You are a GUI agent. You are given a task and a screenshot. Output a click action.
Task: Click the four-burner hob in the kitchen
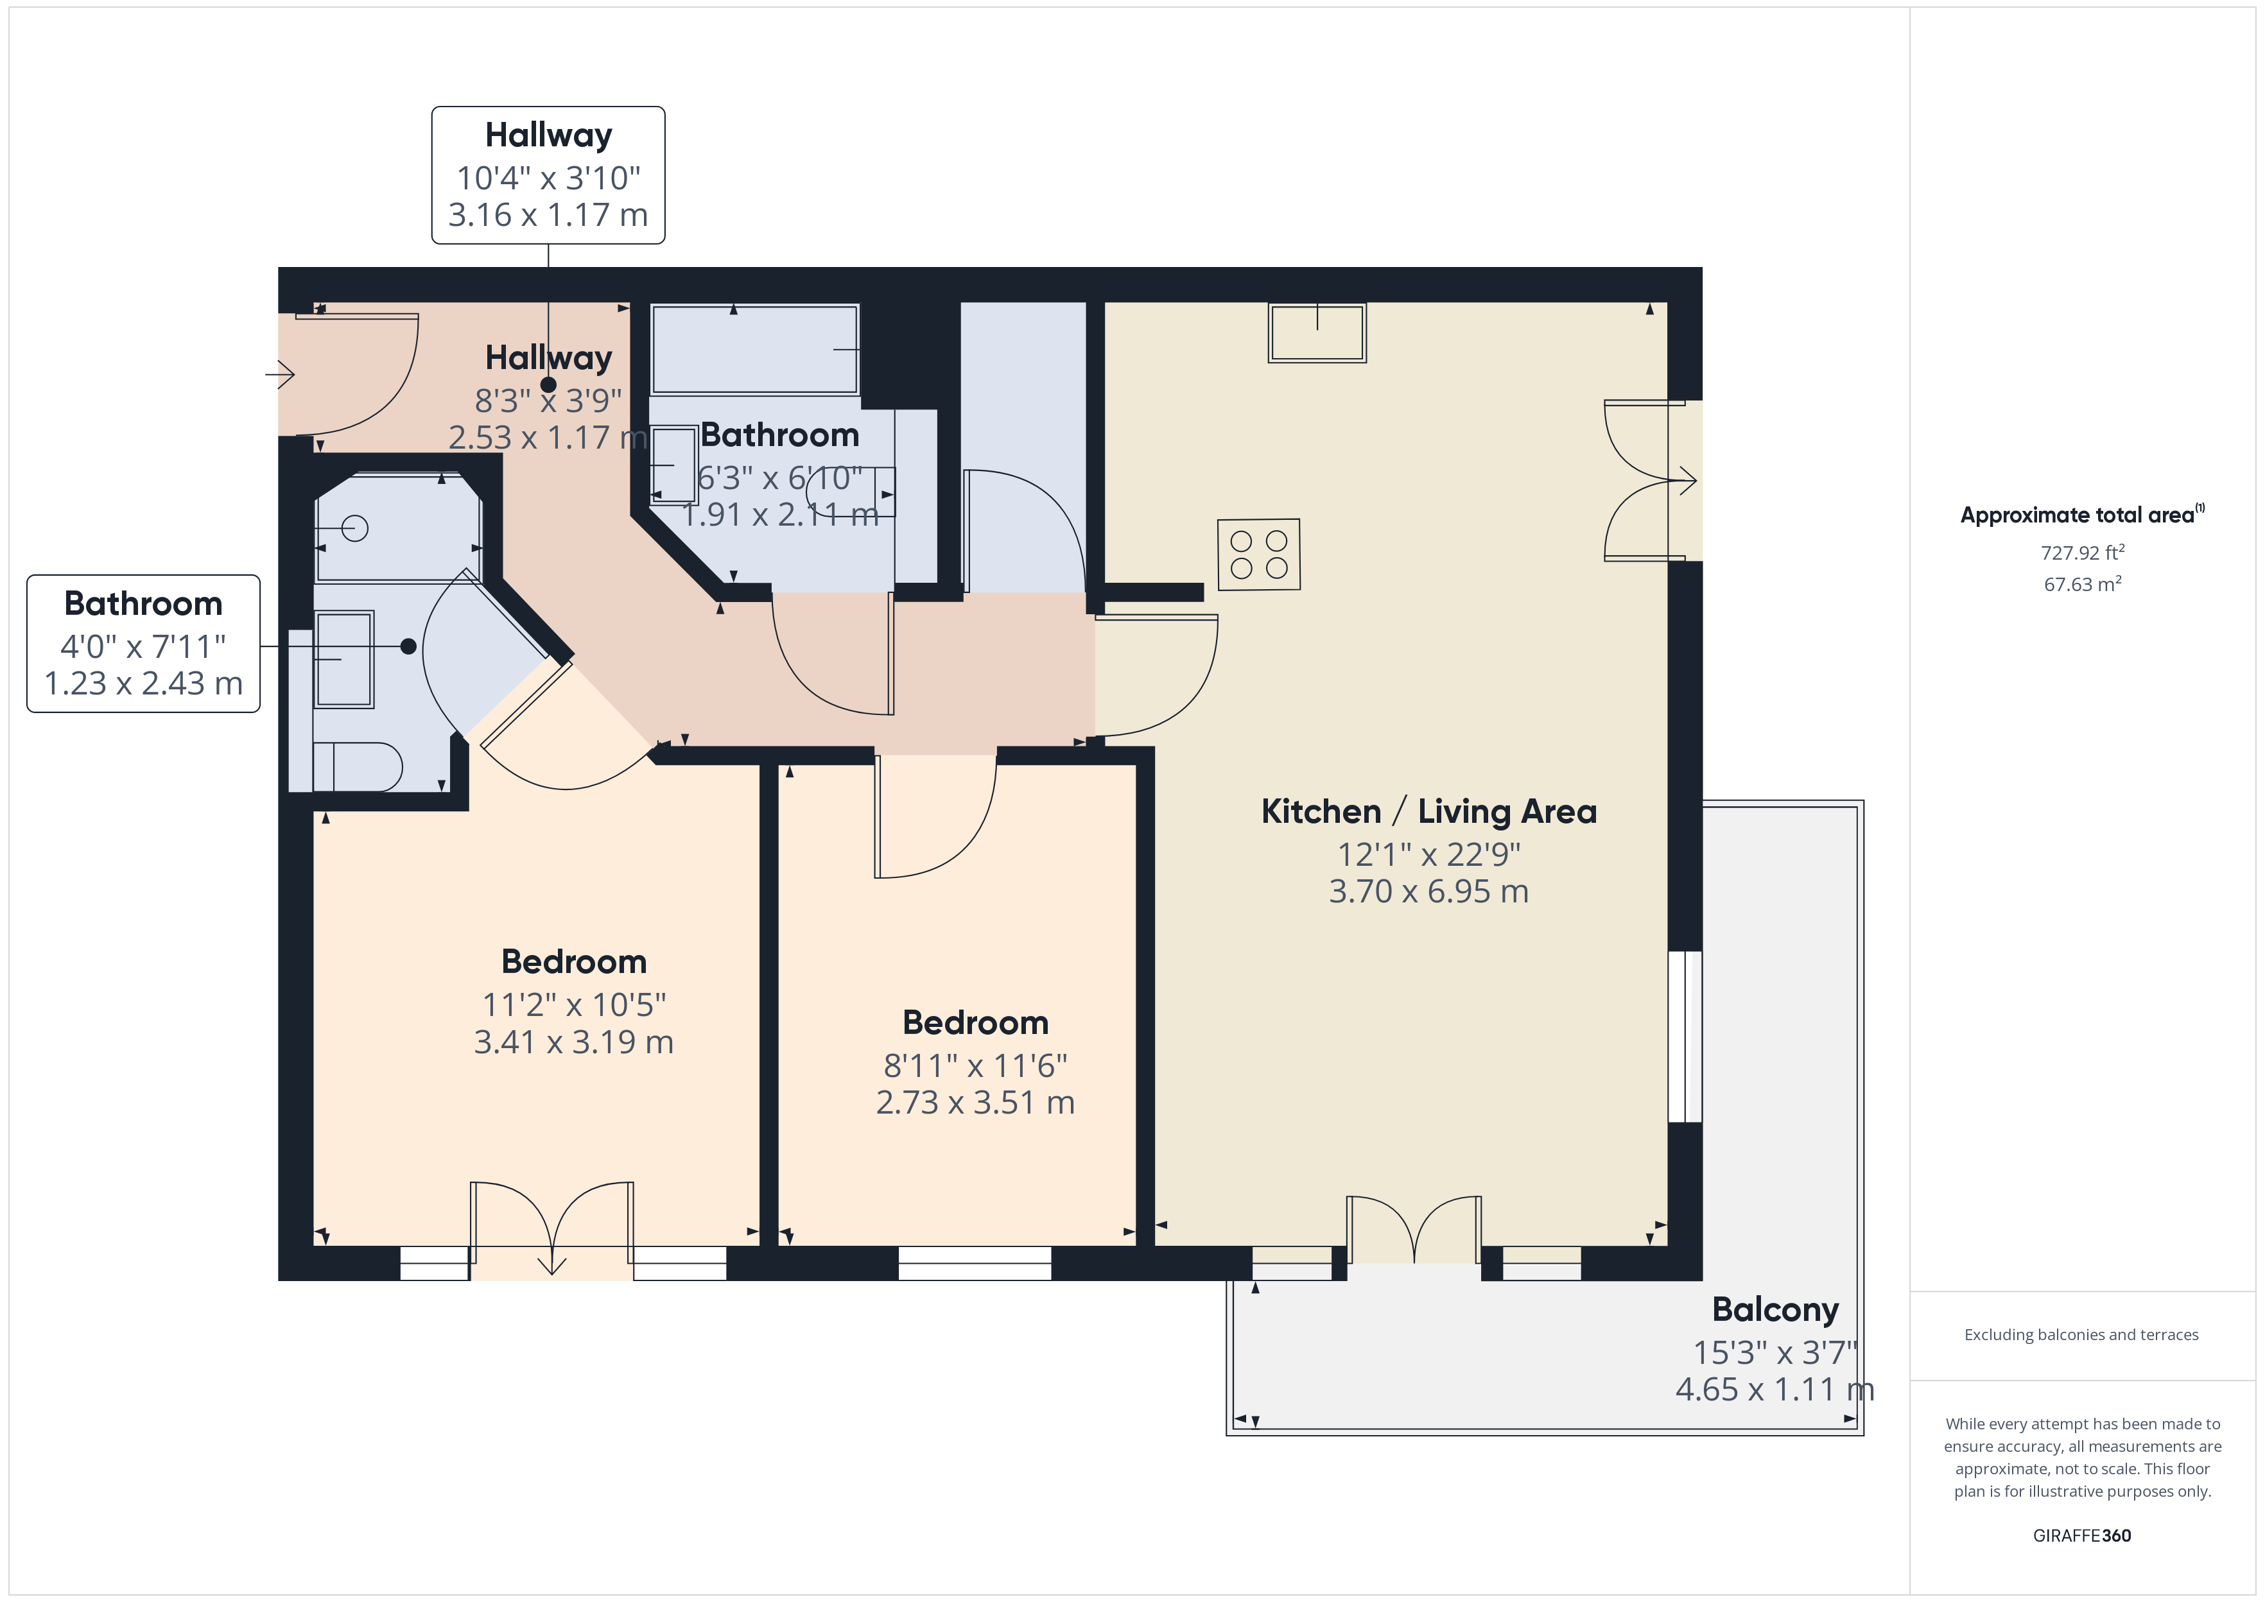[1259, 555]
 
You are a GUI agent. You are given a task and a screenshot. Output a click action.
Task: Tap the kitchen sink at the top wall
[1317, 332]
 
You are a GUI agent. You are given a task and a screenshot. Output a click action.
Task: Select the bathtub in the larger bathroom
[754, 349]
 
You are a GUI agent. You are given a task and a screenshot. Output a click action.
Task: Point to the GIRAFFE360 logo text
[2081, 1535]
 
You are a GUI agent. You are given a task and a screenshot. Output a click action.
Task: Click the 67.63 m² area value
[2081, 584]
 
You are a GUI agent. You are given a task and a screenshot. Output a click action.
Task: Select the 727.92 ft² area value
[2081, 553]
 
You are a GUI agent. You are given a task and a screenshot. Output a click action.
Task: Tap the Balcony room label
[1775, 1309]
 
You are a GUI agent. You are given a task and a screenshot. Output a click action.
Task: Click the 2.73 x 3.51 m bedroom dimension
[975, 1102]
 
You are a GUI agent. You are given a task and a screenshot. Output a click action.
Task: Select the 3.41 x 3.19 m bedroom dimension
[573, 1042]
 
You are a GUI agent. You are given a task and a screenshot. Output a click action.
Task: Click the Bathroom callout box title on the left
[143, 603]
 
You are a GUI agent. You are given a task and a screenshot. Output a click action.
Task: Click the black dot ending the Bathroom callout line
[408, 646]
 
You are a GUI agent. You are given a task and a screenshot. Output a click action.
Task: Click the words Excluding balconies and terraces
[2081, 1334]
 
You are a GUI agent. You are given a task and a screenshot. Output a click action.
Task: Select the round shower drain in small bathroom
[355, 529]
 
